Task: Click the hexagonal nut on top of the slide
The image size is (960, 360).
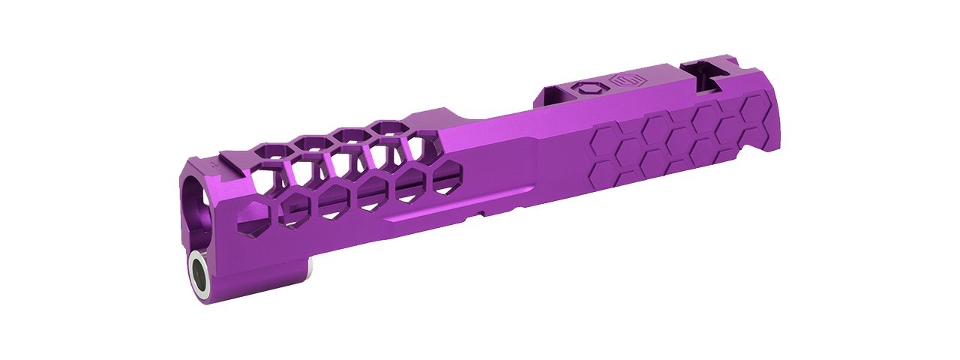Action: (586, 88)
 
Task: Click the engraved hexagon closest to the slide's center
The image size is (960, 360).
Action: (607, 139)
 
